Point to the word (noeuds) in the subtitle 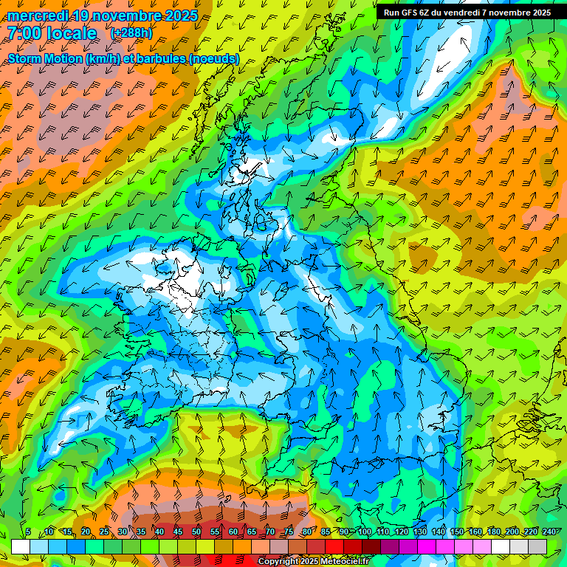coord(213,58)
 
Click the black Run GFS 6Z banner coord(467,13)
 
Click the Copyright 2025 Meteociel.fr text coord(313,562)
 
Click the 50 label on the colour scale coord(196,532)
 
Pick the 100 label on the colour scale coord(364,532)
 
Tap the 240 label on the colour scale coord(549,532)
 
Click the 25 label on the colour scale coord(103,532)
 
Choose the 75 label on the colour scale coord(288,532)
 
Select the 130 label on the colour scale coord(419,532)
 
